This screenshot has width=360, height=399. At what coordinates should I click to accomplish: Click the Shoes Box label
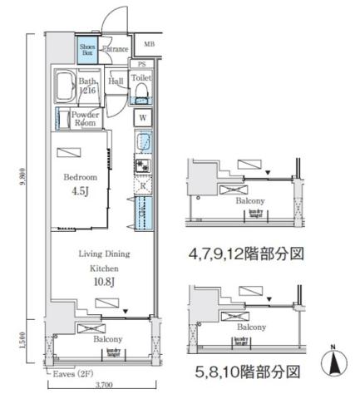pyautogui.click(x=87, y=50)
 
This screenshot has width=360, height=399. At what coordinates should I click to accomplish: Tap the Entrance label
pyautogui.click(x=115, y=49)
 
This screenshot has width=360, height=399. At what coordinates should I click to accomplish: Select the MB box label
pyautogui.click(x=149, y=44)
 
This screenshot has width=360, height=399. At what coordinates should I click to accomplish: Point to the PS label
pyautogui.click(x=142, y=64)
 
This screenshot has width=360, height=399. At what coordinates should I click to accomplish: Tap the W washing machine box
pyautogui.click(x=142, y=117)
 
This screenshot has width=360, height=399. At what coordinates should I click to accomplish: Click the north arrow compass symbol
pyautogui.click(x=334, y=363)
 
